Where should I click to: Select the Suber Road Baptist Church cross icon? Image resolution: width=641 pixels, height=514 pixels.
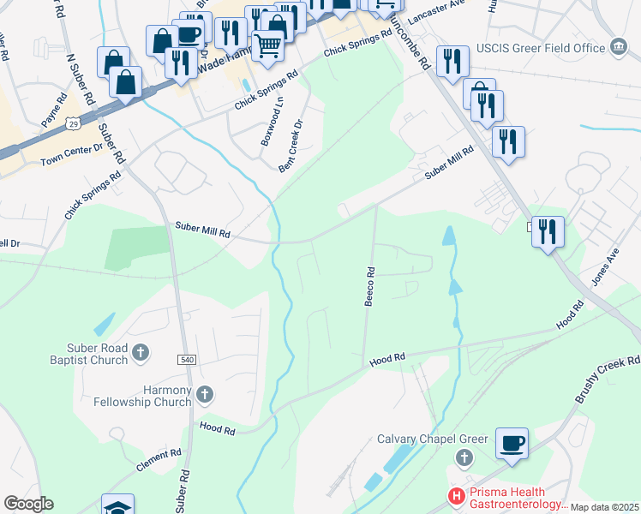pyautogui.click(x=141, y=350)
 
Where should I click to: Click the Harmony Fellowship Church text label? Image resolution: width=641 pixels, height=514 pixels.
pyautogui.click(x=142, y=396)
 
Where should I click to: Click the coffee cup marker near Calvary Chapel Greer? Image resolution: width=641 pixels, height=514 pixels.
pyautogui.click(x=512, y=444)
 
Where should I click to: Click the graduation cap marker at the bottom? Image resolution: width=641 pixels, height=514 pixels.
pyautogui.click(x=117, y=506)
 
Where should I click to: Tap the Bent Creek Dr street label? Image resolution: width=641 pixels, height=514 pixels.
pyautogui.click(x=292, y=146)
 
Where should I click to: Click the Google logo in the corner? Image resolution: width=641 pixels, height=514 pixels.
pyautogui.click(x=28, y=504)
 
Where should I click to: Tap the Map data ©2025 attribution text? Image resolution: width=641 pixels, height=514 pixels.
pyautogui.click(x=604, y=507)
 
